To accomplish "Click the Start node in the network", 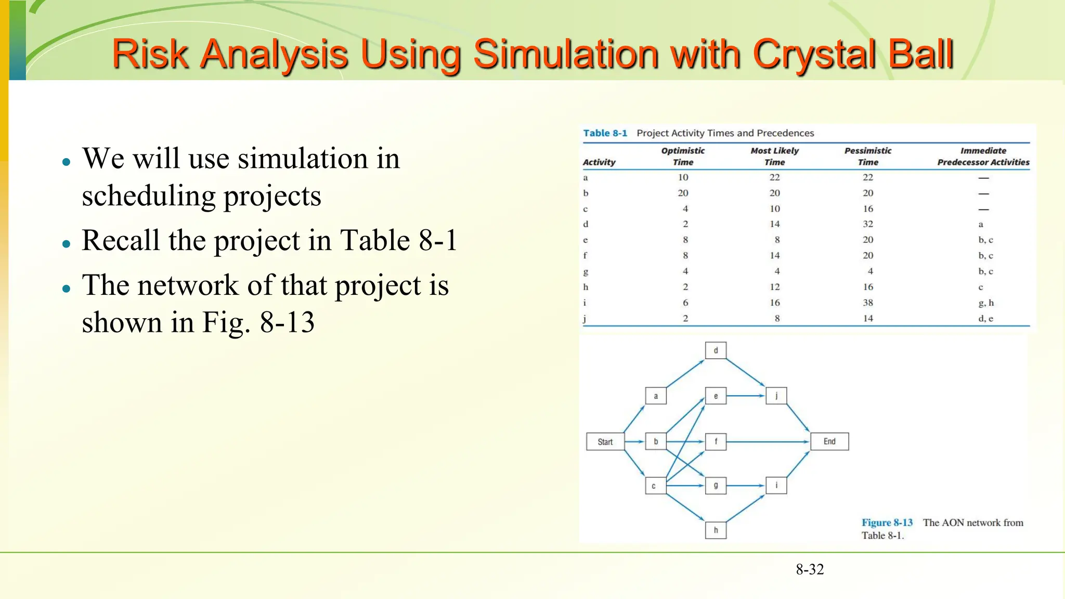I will pos(605,441).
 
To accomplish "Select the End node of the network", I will pos(829,441).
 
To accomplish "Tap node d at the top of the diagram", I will pos(716,350).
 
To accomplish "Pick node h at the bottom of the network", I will pos(716,530).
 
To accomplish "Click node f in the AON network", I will pos(716,441).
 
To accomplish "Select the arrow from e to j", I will pos(746,396).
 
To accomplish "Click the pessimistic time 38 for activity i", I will pos(868,303).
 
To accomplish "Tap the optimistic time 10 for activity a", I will pos(683,177).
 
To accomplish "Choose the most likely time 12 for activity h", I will pos(775,287).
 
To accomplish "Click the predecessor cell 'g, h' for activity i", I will pos(985,303).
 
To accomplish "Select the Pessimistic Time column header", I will pos(868,156).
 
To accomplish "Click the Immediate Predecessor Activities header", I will pos(983,156).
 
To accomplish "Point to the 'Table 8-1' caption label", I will pos(605,133).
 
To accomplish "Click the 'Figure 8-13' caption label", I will pos(887,523).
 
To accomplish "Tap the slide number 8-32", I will pos(810,569).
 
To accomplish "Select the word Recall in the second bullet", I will pos(121,240).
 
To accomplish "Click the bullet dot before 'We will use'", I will pos(66,162).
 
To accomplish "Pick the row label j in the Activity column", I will pos(585,318).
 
